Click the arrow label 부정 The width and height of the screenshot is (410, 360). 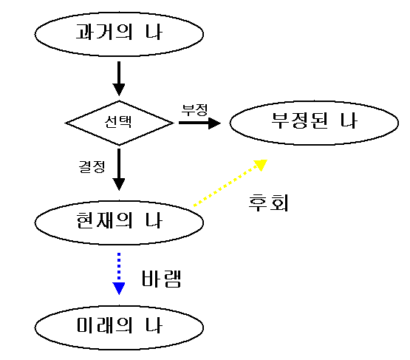[x=195, y=110]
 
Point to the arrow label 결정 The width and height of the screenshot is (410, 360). [x=92, y=166]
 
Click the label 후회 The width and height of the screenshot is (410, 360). [x=269, y=203]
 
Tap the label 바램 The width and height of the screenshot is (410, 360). [x=161, y=279]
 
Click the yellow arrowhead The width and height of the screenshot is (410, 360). [x=261, y=165]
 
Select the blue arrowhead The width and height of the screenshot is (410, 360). [x=119, y=288]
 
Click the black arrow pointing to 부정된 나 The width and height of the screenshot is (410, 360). [x=199, y=123]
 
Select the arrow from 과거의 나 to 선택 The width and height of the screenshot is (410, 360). [x=119, y=79]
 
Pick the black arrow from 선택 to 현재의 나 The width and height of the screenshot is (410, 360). [x=119, y=170]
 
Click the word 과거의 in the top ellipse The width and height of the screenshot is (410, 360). [x=104, y=32]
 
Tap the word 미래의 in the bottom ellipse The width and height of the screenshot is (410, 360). [x=105, y=325]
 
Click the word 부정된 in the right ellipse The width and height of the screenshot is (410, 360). [x=300, y=120]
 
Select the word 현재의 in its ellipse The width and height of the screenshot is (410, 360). [x=104, y=220]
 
